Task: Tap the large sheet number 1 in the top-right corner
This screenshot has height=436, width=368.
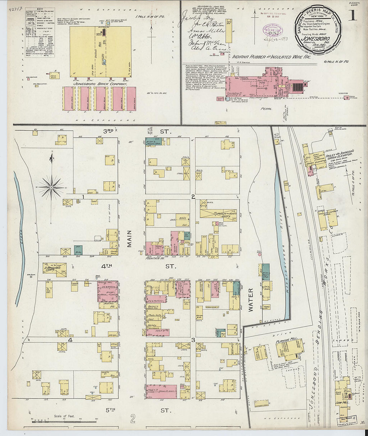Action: pyautogui.click(x=352, y=16)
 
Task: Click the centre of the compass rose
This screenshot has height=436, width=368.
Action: pyautogui.click(x=51, y=188)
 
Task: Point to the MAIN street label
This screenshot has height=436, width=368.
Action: pyautogui.click(x=129, y=239)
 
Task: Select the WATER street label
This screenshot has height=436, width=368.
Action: pyautogui.click(x=251, y=300)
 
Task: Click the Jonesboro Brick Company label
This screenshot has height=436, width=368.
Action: pyautogui.click(x=100, y=84)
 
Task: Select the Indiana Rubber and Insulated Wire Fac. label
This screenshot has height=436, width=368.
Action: pyautogui.click(x=271, y=57)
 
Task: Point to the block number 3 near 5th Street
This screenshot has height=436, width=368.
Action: pyautogui.click(x=193, y=340)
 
